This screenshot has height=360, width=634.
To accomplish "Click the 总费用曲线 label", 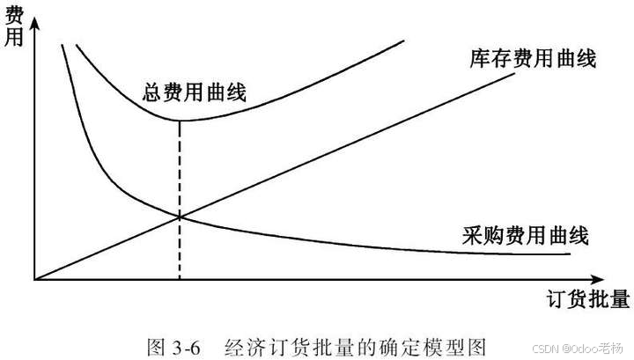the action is (x=194, y=92).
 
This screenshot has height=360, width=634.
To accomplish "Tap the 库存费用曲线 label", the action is (x=534, y=59).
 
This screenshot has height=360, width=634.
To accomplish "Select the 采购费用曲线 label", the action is (x=525, y=235).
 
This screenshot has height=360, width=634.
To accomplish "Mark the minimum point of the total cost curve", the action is (x=181, y=120).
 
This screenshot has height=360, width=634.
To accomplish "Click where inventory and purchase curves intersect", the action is (x=181, y=216).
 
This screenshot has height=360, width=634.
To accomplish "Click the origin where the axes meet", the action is (x=35, y=279).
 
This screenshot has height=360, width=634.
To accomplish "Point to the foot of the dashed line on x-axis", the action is (x=181, y=279).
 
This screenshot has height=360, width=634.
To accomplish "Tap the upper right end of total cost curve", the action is (x=404, y=41).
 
